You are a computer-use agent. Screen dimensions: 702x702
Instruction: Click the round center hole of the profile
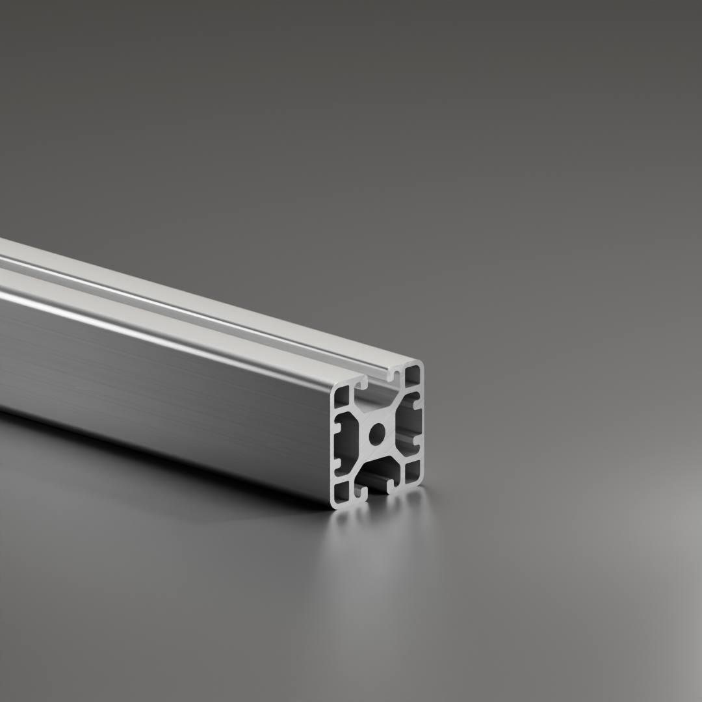click(x=377, y=434)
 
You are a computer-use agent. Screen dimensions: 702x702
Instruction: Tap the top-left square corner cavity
click(x=341, y=396)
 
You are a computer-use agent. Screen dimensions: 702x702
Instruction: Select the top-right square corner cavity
click(x=412, y=376)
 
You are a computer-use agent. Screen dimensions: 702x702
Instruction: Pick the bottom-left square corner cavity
click(x=341, y=493)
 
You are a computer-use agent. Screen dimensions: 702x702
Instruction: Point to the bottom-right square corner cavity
click(x=412, y=472)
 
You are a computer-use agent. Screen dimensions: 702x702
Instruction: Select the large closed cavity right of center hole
click(x=408, y=422)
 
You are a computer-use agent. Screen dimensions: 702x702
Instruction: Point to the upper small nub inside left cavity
click(x=339, y=429)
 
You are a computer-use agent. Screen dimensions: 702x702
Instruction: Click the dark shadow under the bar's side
click(x=195, y=468)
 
